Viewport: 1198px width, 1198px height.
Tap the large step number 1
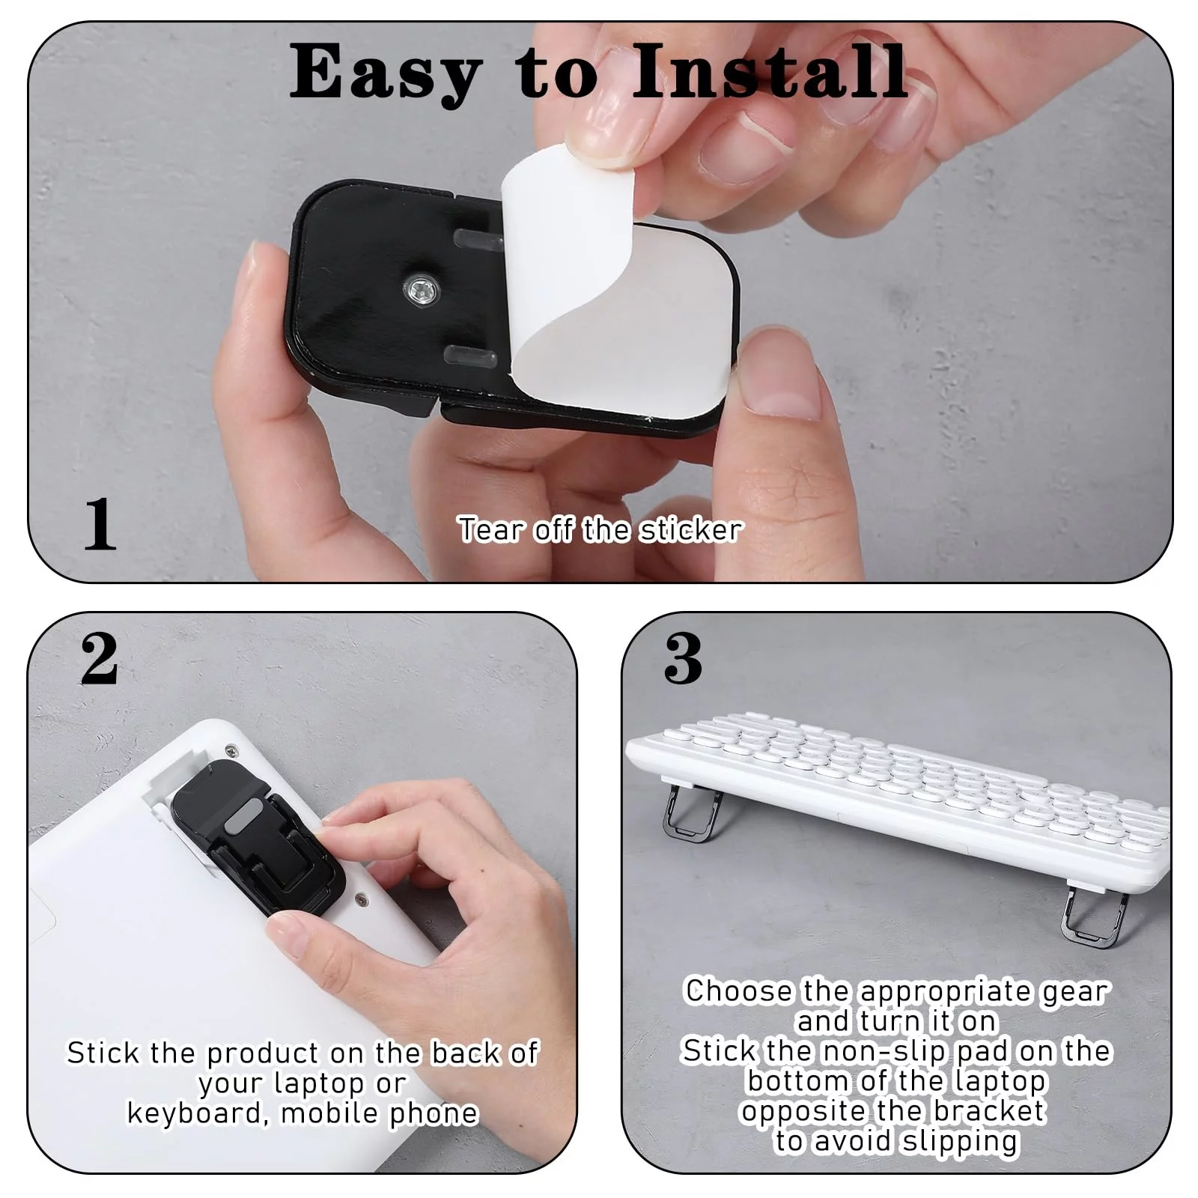click(100, 524)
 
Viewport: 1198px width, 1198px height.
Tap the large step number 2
click(99, 658)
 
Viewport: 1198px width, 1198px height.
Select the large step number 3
click(683, 658)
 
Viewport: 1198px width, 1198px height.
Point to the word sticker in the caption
click(690, 530)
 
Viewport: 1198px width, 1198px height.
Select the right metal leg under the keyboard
click(1095, 916)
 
